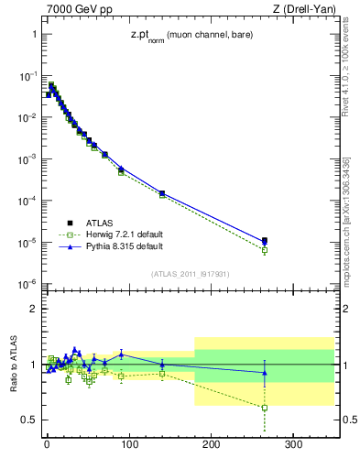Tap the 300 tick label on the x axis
(x=294, y=446)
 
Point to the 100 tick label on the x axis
(x=129, y=446)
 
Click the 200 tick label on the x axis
(x=212, y=446)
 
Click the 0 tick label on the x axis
(x=47, y=446)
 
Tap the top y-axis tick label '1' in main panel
(x=33, y=34)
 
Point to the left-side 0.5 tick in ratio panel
(x=28, y=420)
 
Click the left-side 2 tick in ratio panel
(x=33, y=309)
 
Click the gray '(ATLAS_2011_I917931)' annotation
(x=190, y=274)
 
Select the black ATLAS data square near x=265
(x=265, y=241)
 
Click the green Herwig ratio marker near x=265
(x=265, y=408)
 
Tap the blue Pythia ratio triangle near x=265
(x=265, y=372)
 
